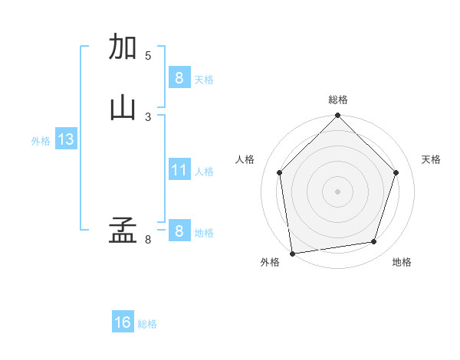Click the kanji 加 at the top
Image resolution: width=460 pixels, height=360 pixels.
(123, 47)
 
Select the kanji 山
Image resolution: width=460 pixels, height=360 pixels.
(123, 107)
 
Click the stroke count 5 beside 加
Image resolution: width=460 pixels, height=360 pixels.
(148, 55)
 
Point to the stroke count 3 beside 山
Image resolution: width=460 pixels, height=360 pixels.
(148, 116)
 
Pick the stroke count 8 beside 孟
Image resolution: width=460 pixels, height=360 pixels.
(148, 240)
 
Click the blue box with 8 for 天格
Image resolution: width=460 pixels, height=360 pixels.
(179, 77)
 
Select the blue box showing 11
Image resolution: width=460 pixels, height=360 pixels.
(179, 169)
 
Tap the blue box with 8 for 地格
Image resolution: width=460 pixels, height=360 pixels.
(179, 231)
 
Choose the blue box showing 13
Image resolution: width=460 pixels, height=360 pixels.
(65, 139)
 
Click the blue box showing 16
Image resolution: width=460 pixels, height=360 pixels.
(123, 322)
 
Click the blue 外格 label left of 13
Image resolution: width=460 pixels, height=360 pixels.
(41, 141)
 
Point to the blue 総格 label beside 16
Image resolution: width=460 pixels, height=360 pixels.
(147, 324)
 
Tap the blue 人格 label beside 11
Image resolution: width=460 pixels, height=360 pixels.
(205, 171)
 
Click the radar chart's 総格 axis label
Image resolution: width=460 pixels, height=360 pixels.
(337, 100)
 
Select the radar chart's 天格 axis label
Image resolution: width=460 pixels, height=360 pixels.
(432, 159)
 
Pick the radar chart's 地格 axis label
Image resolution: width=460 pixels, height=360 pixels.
(402, 262)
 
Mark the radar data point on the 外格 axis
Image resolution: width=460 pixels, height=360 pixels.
(292, 253)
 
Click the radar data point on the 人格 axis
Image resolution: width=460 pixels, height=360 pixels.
(279, 172)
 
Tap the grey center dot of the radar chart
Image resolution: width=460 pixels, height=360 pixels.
(337, 191)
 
